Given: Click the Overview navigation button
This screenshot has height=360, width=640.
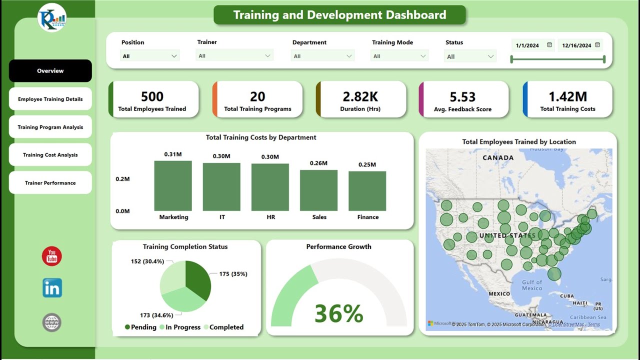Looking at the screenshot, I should pos(50,71).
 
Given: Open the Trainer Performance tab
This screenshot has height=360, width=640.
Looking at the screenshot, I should pos(50,183).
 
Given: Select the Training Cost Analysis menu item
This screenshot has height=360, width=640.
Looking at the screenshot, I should pos(50,155).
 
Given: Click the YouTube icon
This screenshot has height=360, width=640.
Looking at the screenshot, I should pos(51,256).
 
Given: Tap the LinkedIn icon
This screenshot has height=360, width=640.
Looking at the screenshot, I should pos(52,288).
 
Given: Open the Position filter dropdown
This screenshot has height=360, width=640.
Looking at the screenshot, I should pos(150,56).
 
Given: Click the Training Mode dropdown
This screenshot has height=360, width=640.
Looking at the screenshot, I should pos(399,56).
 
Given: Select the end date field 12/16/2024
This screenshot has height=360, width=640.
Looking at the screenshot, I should pos(580,45).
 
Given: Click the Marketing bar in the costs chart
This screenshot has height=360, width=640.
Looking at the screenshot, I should pos(173,186).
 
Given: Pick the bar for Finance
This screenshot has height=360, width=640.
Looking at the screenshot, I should pos(367,191).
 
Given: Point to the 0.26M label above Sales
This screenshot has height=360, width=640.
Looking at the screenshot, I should pos(318,163).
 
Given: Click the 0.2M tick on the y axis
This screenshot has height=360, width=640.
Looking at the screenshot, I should pos(122,179).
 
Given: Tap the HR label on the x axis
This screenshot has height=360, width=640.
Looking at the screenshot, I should pos(270,217).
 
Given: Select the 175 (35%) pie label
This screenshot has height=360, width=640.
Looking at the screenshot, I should pos(233,274).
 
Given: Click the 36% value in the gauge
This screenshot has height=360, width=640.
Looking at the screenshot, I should pos(338,313).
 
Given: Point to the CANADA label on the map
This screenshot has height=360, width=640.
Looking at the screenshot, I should pos(497,157).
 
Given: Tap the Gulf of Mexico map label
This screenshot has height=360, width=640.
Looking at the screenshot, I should pos(531,285).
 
